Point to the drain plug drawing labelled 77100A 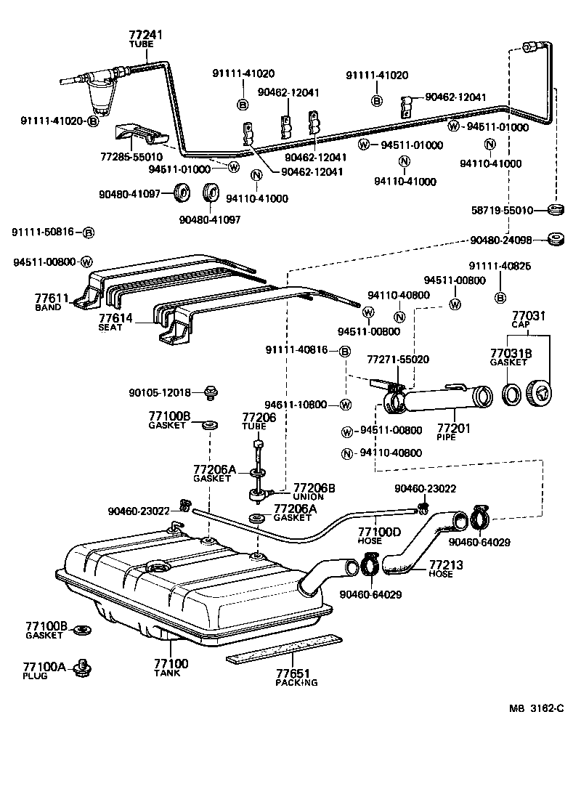click(x=84, y=666)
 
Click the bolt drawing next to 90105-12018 click(x=211, y=392)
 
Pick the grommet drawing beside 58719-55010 click(x=556, y=211)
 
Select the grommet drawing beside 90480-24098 click(x=557, y=240)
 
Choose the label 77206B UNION click(x=314, y=492)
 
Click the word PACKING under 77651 click(x=296, y=682)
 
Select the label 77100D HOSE click(x=379, y=536)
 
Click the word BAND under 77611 click(x=48, y=307)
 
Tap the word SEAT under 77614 click(x=113, y=327)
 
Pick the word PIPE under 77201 click(x=446, y=438)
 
